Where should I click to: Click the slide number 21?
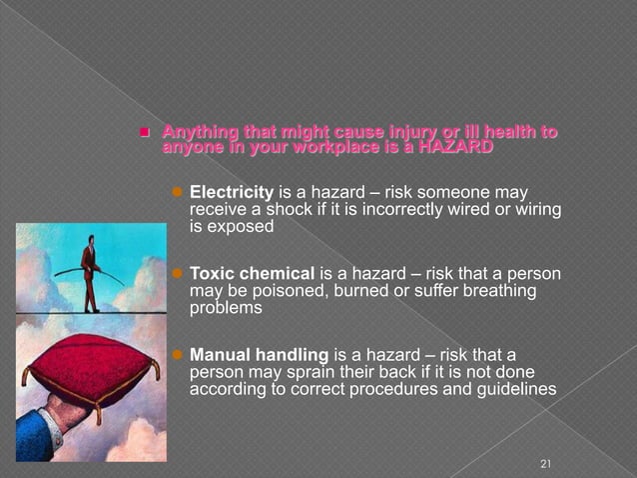tap(544, 463)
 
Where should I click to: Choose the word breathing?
tap(498, 291)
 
